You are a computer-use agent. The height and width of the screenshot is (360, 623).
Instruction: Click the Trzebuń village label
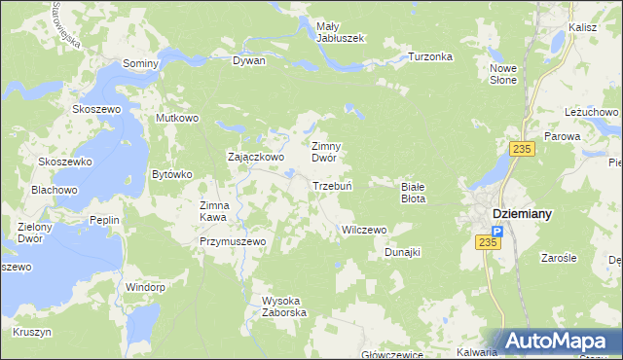click(331, 186)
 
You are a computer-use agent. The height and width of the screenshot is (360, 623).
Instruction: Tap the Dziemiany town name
click(517, 214)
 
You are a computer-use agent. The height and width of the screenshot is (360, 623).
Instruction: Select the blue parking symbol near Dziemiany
click(496, 232)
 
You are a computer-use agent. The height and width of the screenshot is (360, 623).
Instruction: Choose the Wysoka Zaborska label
click(284, 306)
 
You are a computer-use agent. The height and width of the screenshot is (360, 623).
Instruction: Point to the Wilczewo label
click(363, 230)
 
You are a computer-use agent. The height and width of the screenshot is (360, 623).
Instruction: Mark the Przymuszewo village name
click(233, 240)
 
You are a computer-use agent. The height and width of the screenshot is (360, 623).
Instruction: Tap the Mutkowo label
click(177, 118)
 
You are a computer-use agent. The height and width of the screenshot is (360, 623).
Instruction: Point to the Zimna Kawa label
click(214, 211)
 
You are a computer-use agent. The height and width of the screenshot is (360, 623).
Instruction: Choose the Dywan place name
click(248, 60)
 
